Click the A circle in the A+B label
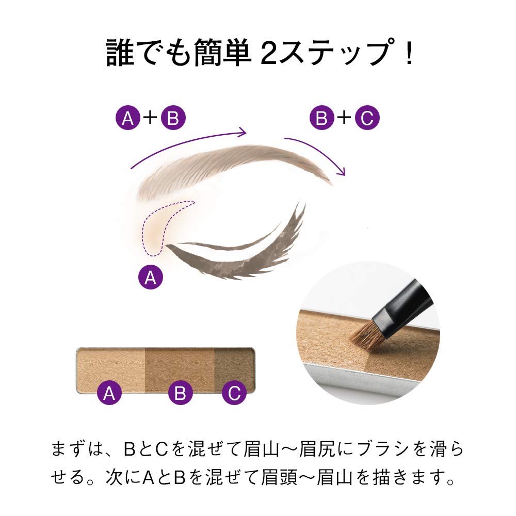(127, 119)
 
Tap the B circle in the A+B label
(173, 119)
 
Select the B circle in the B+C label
(321, 119)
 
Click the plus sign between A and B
(150, 119)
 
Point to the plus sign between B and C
(344, 119)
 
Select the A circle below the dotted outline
(151, 278)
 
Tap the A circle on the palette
(109, 394)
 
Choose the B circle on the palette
(180, 394)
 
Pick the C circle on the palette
(234, 394)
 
